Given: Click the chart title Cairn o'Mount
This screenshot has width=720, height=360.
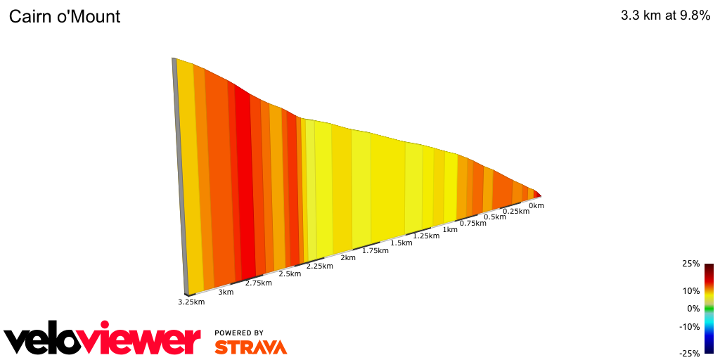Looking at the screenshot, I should (65, 17).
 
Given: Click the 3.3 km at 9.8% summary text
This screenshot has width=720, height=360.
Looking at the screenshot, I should (665, 16).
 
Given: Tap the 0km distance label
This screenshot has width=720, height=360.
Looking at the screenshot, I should (536, 206).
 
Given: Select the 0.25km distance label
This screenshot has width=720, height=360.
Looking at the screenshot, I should (516, 212).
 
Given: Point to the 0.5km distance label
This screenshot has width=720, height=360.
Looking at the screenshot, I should (495, 217).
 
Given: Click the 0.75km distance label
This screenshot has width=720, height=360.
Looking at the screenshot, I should (472, 224).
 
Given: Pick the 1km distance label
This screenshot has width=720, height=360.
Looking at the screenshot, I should (450, 230).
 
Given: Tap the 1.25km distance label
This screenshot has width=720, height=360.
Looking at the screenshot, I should (426, 236).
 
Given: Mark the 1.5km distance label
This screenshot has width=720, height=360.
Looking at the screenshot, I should (401, 243).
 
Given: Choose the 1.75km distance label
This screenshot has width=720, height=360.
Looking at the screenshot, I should (375, 250).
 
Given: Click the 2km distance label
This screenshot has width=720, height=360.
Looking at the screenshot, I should (348, 258).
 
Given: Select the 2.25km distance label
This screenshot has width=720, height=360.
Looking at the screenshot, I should (320, 266).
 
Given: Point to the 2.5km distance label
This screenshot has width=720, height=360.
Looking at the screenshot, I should (290, 274).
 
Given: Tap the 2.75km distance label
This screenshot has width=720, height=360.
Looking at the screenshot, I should (259, 283).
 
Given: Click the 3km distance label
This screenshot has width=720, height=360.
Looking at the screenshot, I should (226, 292).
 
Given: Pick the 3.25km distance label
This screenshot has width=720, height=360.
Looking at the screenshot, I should (191, 302).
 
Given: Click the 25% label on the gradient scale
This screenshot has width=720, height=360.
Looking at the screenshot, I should (690, 264).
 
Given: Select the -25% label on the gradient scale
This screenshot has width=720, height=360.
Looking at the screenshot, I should (689, 354).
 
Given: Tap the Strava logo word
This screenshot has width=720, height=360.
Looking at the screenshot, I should (250, 347).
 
